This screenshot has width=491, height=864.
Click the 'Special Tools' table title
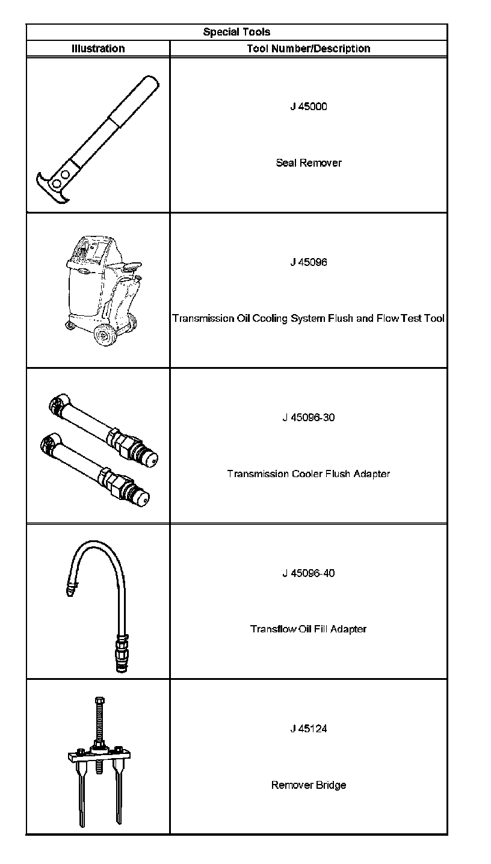coord(236,32)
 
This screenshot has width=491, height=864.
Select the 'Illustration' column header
coord(98,49)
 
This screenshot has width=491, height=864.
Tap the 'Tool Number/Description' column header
coord(309,49)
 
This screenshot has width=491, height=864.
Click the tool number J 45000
coord(309,107)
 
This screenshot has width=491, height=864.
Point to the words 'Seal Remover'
coord(309,162)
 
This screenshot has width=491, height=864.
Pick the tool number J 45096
coord(309,262)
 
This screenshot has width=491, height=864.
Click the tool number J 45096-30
coord(309,418)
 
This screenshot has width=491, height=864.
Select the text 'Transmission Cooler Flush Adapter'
coord(309,474)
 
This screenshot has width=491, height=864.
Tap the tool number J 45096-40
coord(309,573)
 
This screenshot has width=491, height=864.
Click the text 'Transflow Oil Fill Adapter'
coord(309,629)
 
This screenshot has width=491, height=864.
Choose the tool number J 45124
coord(309,729)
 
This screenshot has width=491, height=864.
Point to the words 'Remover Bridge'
coord(309,785)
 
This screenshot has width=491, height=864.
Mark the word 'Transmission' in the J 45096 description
coord(200,318)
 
